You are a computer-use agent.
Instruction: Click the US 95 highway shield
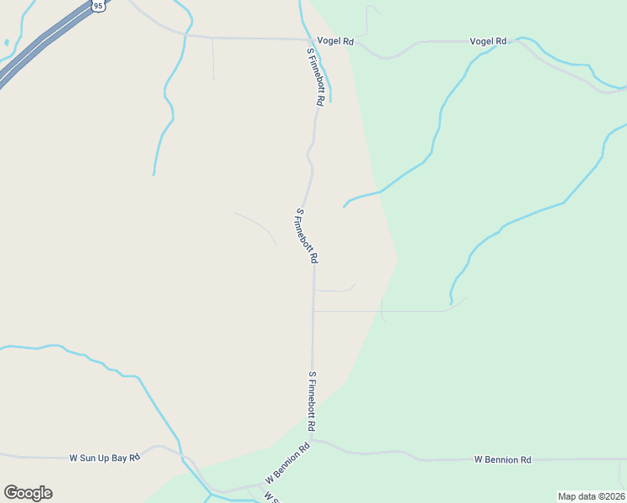point(99,6)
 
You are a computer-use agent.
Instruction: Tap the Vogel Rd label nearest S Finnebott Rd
point(337,40)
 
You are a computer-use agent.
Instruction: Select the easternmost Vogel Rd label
point(488,41)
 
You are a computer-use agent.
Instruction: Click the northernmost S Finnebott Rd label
point(315,76)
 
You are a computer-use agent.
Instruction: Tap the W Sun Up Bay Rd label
point(104,458)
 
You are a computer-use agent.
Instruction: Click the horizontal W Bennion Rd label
point(502,459)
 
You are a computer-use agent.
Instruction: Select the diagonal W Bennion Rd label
point(288,463)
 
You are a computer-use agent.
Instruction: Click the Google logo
point(28,493)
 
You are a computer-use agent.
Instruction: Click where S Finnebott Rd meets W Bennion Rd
point(313,439)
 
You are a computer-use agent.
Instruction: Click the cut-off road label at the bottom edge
point(270,497)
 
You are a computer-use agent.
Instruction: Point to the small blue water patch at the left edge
point(6,42)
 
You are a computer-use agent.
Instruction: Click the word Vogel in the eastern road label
point(481,41)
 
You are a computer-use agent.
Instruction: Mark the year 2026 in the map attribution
point(610,496)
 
